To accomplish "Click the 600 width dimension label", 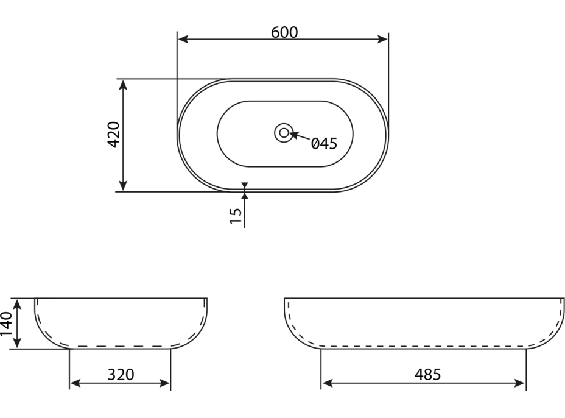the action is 284,32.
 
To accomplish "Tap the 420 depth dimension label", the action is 114,135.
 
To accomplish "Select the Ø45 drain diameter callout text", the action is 324,144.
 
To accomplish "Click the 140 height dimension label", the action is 6,324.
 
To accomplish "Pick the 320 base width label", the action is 121,375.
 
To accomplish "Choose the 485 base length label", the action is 428,375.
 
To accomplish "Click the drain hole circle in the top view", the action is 284,133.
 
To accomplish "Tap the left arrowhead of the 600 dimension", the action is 183,39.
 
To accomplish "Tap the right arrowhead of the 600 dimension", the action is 382,39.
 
